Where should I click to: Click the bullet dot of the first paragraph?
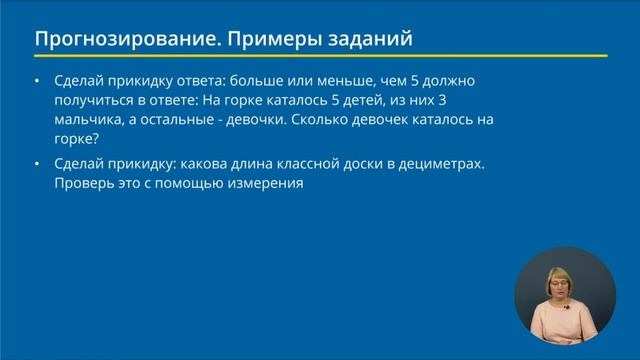point(37,82)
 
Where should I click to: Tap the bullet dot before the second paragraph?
point(37,165)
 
